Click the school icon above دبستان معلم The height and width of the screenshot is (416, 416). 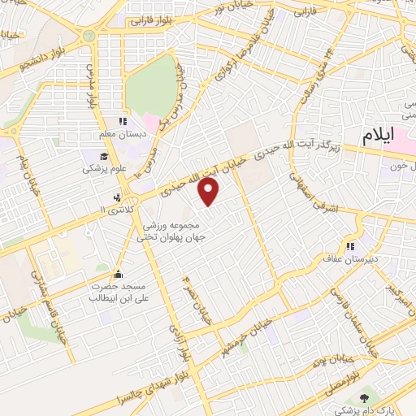click(x=123, y=122)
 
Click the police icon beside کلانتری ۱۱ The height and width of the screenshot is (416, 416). click(x=119, y=197)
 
